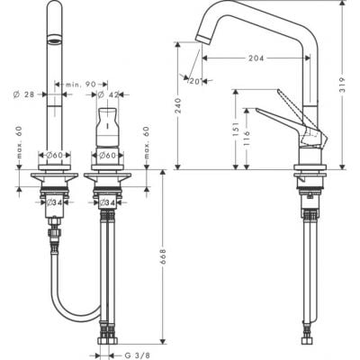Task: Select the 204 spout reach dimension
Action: click(x=256, y=57)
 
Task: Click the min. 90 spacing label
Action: click(x=80, y=84)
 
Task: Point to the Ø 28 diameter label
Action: click(x=23, y=94)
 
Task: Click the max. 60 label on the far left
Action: click(x=18, y=145)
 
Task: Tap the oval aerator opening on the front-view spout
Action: click(x=56, y=40)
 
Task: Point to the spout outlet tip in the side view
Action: click(x=200, y=37)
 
